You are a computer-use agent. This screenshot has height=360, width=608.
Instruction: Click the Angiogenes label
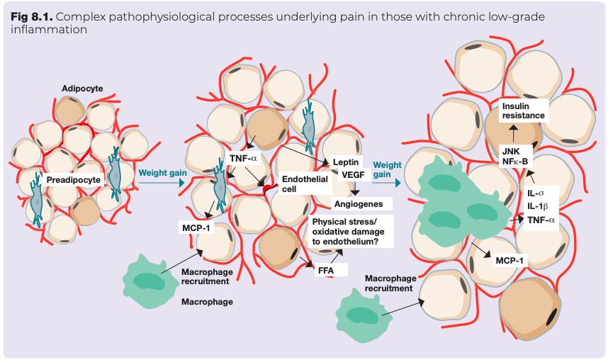click(x=359, y=204)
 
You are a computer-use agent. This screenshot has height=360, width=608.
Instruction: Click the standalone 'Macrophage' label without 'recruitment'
click(x=207, y=302)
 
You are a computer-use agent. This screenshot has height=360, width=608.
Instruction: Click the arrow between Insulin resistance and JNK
click(x=512, y=133)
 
